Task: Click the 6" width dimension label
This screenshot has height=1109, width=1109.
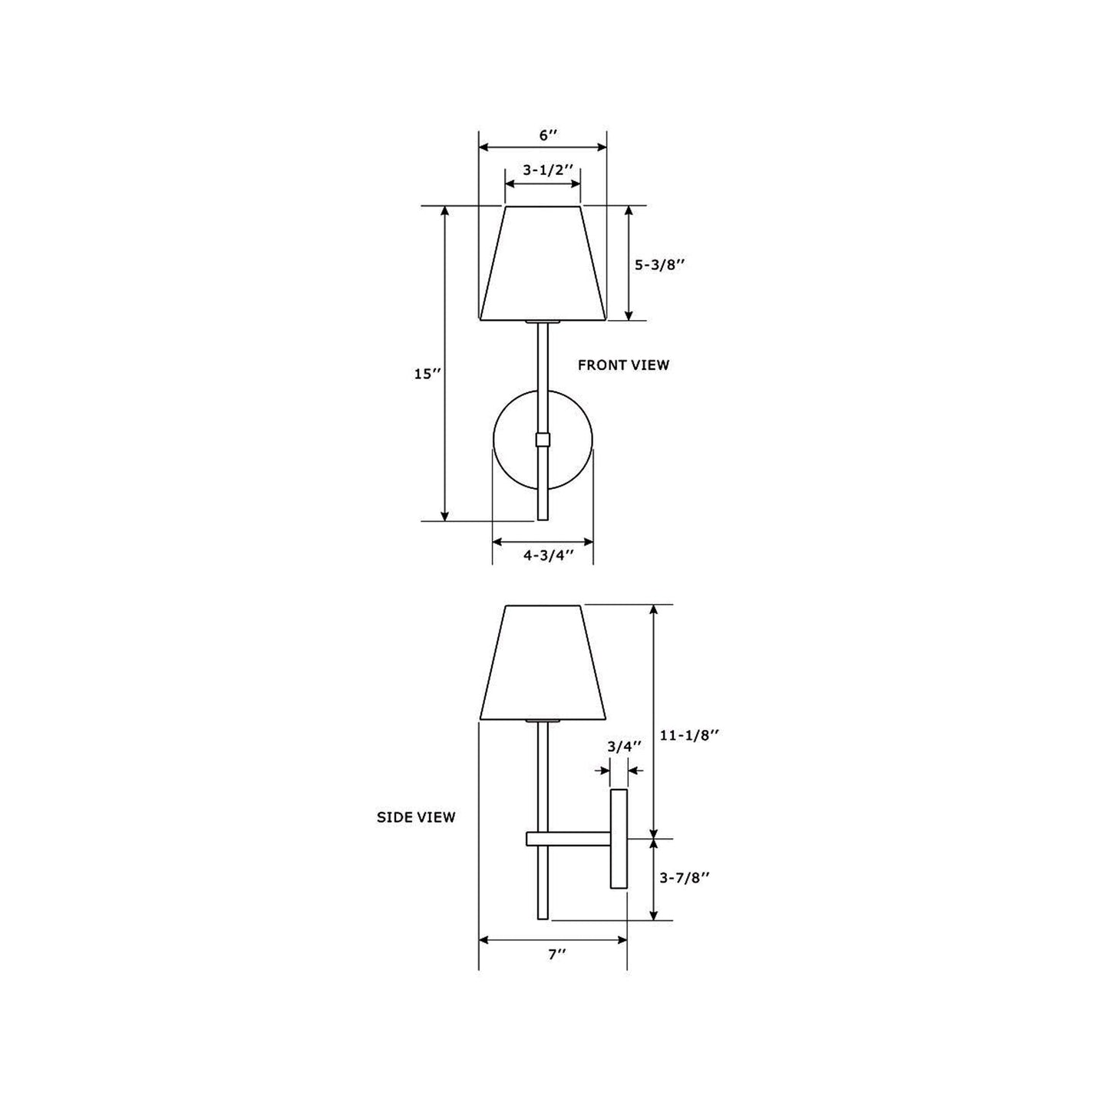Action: [x=546, y=135]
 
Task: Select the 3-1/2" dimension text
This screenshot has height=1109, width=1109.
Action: [x=548, y=170]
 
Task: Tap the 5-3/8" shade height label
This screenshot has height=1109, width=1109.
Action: [x=659, y=264]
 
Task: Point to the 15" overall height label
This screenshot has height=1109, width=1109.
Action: [x=427, y=374]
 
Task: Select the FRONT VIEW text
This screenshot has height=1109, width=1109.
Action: [x=623, y=365]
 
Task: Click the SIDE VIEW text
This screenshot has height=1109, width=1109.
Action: [x=416, y=817]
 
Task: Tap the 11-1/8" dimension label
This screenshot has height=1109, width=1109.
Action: [x=688, y=734]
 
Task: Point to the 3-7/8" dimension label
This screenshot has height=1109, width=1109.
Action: [x=683, y=878]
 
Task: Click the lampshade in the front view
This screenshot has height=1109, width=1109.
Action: [x=543, y=265]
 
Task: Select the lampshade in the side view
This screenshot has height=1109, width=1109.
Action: [x=543, y=664]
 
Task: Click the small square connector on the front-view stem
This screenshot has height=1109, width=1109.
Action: [x=543, y=440]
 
